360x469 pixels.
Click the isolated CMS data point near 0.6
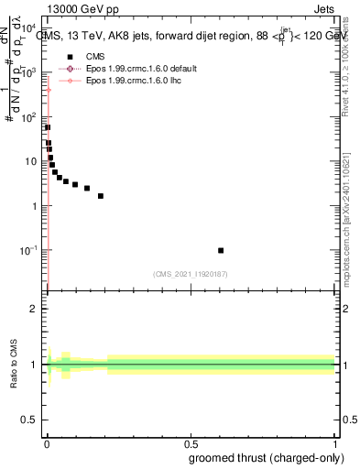221,250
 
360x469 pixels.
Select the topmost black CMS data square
48,127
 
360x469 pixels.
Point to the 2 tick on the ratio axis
35,309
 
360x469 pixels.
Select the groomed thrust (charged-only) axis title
275,457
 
